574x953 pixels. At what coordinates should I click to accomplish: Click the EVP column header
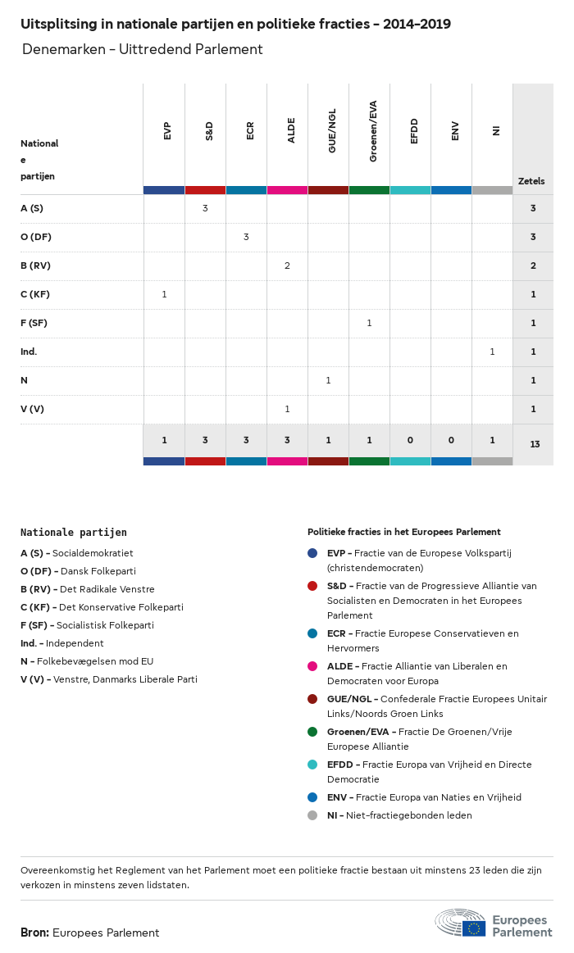click(x=167, y=130)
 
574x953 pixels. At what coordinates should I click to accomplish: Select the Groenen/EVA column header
click(x=373, y=131)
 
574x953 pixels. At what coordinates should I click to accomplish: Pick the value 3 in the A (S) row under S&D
click(x=205, y=208)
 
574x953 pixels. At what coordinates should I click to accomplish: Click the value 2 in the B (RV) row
click(x=287, y=265)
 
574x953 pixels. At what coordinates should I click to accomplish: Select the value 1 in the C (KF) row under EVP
click(x=164, y=294)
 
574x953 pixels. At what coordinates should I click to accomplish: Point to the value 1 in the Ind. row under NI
click(x=492, y=352)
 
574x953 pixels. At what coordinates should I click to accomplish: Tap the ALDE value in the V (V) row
click(x=287, y=409)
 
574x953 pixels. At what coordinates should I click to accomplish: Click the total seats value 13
click(x=535, y=444)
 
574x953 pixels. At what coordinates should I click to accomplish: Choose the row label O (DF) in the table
click(x=36, y=237)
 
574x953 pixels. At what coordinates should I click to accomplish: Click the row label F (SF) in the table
click(x=34, y=323)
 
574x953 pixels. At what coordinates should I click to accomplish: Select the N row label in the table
click(x=24, y=380)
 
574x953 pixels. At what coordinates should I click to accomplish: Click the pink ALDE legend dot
click(x=312, y=666)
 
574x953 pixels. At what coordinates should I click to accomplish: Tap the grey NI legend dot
click(x=312, y=815)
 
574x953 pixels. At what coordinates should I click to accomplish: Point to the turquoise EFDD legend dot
click(x=312, y=765)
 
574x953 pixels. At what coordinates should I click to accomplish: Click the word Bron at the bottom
click(x=34, y=933)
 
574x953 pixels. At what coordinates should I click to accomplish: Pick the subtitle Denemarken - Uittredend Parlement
click(x=143, y=50)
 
